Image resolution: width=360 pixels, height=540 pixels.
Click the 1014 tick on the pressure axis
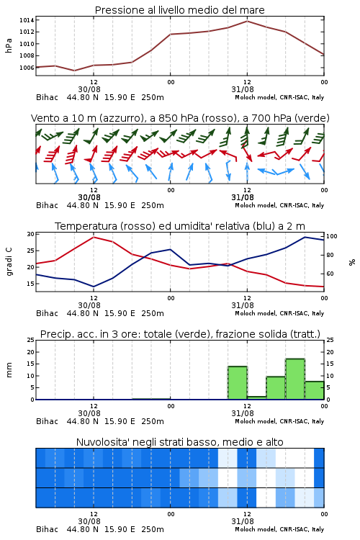pyautogui.click(x=26, y=20)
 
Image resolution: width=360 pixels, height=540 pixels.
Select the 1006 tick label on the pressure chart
pyautogui.click(x=26, y=68)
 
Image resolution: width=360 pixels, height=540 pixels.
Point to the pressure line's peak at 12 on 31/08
pyautogui.click(x=247, y=22)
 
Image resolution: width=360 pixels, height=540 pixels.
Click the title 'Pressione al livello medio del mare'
pyautogui.click(x=180, y=10)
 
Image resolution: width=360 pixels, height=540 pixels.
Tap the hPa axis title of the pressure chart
pyautogui.click(x=9, y=45)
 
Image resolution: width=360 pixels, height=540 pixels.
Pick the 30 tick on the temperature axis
pyautogui.click(x=31, y=234)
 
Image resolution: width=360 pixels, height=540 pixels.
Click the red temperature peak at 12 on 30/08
pyautogui.click(x=94, y=237)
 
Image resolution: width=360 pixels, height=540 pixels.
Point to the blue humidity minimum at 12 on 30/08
pyautogui.click(x=94, y=287)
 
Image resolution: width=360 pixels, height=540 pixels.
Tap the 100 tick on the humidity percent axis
pyautogui.click(x=332, y=237)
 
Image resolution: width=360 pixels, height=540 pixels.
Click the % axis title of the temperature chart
pyautogui.click(x=352, y=262)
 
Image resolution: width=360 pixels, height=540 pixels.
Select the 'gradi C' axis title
pyautogui.click(x=9, y=262)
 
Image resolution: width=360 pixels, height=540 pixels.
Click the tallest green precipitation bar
pyautogui.click(x=295, y=379)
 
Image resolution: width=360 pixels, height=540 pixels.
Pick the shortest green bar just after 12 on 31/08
pyautogui.click(x=256, y=398)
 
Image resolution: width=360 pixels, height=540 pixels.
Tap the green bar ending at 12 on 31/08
pyautogui.click(x=238, y=383)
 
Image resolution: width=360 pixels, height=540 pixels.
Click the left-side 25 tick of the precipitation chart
pyautogui.click(x=31, y=341)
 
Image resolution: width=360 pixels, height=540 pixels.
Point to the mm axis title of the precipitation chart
pyautogui.click(x=9, y=370)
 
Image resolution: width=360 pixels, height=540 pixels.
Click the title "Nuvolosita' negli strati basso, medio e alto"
pyautogui.click(x=180, y=442)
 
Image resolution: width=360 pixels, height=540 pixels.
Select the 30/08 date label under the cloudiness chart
pyautogui.click(x=89, y=521)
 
